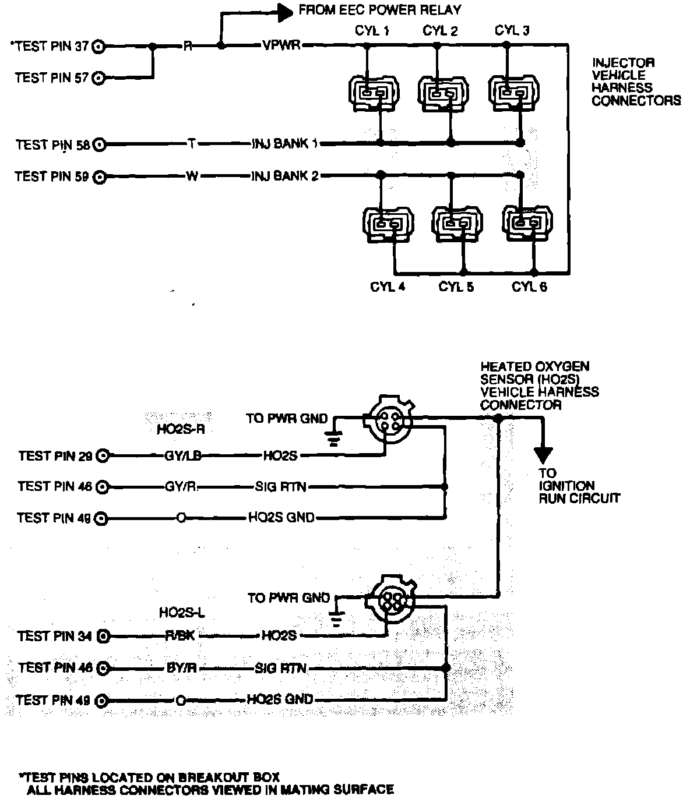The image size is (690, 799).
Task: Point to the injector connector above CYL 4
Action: [x=388, y=224]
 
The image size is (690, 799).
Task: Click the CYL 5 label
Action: [x=456, y=287]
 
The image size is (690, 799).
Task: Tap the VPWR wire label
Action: [x=281, y=45]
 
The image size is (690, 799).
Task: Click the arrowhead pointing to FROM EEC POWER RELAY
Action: [x=284, y=12]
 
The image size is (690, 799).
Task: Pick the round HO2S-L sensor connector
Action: [x=389, y=599]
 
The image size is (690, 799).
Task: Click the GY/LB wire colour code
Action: [x=183, y=456]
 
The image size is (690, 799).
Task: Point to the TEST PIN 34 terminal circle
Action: [x=104, y=637]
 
